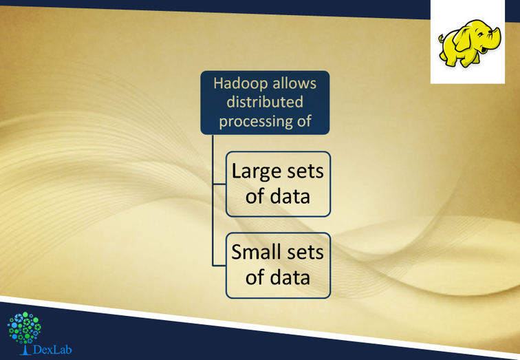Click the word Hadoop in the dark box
[238, 83]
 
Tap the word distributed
[265, 102]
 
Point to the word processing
[254, 121]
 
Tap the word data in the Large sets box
[290, 196]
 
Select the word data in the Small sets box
[290, 277]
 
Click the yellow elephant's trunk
[496, 37]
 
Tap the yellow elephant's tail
[441, 39]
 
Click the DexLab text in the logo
[52, 350]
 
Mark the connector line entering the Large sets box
[219, 184]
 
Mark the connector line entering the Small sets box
[219, 266]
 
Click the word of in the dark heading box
[304, 120]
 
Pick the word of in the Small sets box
[255, 277]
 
